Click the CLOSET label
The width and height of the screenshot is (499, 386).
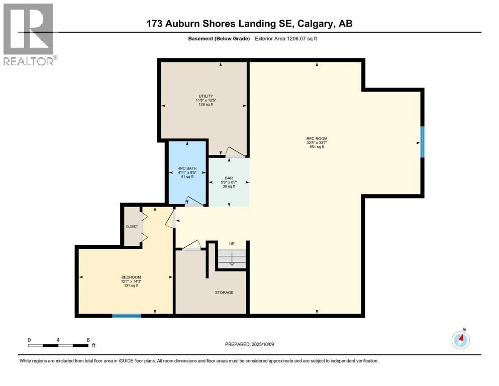pyautogui.click(x=132, y=226)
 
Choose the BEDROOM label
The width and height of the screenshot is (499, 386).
pyautogui.click(x=131, y=277)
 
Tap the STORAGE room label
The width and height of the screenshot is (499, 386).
pyautogui.click(x=224, y=293)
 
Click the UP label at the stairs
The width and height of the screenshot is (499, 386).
pyautogui.click(x=232, y=244)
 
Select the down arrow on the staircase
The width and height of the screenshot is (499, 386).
pyautogui.click(x=232, y=260)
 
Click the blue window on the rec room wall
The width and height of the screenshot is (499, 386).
pyautogui.click(x=422, y=142)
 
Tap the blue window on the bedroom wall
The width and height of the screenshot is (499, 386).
pyautogui.click(x=126, y=316)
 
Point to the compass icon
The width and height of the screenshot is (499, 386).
pyautogui.click(x=461, y=340)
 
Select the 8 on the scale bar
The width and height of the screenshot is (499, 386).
pyautogui.click(x=88, y=340)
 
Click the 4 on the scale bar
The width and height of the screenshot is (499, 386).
pyautogui.click(x=59, y=340)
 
